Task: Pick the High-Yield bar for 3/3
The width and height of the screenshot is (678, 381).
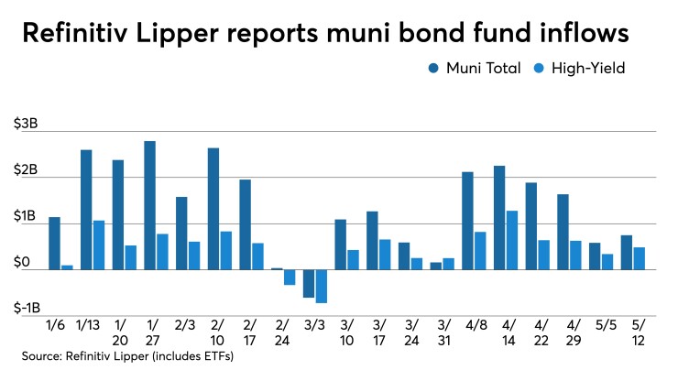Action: click(x=321, y=286)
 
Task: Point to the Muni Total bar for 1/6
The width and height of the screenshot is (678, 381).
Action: click(x=54, y=243)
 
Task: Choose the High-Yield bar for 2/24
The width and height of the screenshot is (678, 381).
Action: click(x=290, y=278)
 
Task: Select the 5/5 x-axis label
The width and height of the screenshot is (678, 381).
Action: click(x=600, y=324)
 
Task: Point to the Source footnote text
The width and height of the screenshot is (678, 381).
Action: click(x=123, y=355)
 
